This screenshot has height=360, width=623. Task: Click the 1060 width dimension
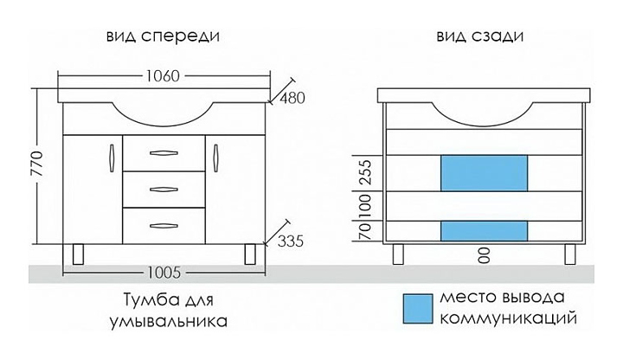[x=163, y=75]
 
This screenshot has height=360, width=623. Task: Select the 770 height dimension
[x=35, y=172]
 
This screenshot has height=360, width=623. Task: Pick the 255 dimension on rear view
[x=364, y=173]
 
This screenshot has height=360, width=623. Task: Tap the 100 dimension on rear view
[x=364, y=205]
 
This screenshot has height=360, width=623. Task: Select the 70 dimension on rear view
[x=364, y=229]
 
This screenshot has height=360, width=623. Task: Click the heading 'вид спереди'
[x=162, y=37]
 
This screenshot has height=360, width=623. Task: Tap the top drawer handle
[x=163, y=153]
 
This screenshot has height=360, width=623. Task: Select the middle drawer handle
[x=163, y=189]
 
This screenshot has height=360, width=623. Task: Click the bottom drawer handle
[x=163, y=224]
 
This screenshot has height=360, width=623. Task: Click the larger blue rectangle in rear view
[x=484, y=173]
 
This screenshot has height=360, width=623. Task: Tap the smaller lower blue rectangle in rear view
[x=484, y=229]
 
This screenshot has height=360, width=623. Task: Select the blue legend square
[x=417, y=307]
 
